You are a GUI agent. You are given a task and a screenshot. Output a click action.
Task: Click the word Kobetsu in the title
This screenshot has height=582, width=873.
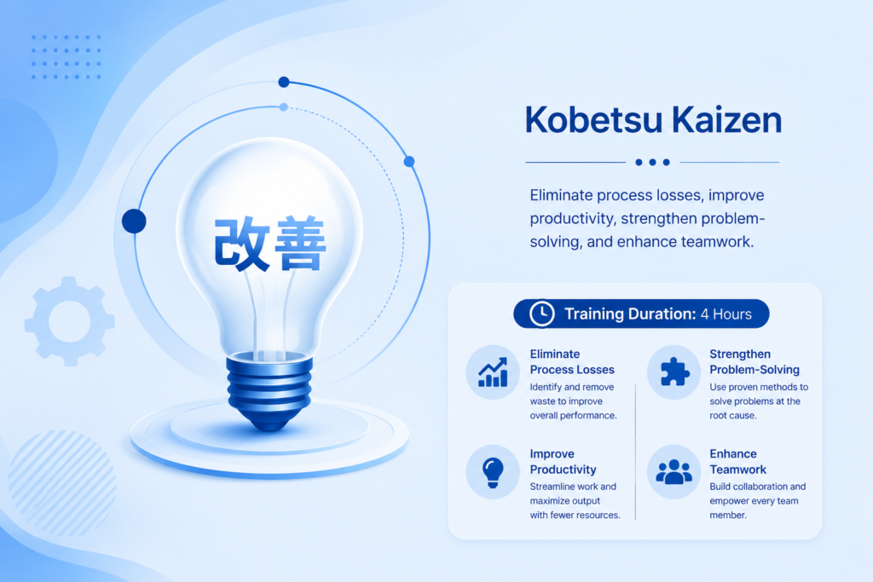point(594,119)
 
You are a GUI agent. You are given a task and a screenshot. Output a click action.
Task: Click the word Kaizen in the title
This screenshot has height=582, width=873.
point(726,119)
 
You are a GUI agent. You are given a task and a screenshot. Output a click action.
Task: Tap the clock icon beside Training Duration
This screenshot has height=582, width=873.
point(541,314)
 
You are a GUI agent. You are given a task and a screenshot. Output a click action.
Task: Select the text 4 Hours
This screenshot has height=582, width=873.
point(726,314)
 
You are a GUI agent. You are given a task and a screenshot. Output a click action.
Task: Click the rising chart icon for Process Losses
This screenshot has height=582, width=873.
point(493,372)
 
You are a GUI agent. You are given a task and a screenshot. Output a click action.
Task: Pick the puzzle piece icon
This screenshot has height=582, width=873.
point(674,372)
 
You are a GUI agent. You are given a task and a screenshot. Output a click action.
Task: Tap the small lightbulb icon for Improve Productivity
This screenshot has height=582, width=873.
point(493,472)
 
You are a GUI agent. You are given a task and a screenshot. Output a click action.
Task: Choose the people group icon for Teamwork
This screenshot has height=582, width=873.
point(674,472)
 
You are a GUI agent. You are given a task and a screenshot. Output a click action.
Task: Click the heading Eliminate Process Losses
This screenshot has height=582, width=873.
point(572,361)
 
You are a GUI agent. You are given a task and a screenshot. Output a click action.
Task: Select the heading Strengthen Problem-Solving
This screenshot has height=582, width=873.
point(754,361)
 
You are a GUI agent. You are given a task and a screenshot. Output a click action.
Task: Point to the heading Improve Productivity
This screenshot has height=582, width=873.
point(563,461)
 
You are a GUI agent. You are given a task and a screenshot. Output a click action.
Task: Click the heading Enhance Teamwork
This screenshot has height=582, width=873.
point(737,461)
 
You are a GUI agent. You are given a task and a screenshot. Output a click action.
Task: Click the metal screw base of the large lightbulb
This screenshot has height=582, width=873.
point(269,390)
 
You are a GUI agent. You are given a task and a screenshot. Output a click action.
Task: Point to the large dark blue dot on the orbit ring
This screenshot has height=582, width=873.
point(134,221)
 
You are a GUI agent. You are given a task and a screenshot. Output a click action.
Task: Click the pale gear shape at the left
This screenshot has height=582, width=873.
point(70,321)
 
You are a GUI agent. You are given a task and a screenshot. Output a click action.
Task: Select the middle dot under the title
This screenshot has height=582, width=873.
point(652,163)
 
